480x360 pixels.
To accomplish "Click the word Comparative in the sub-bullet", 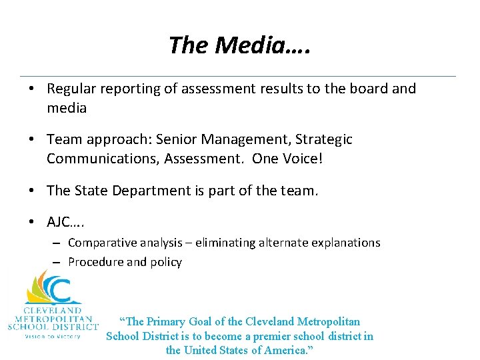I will pos(101,243).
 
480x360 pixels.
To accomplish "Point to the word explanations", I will pos(345,243).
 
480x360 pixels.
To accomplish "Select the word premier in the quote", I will pos(281,336).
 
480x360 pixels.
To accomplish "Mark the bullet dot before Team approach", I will pos(32,139).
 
